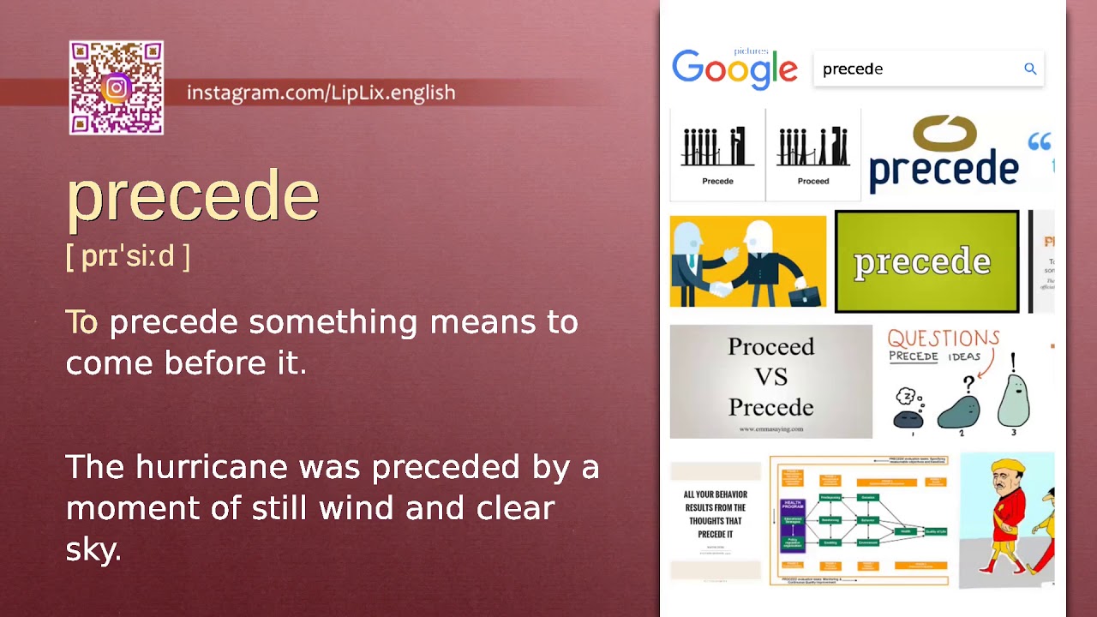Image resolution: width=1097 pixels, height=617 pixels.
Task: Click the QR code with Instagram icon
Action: point(117,88)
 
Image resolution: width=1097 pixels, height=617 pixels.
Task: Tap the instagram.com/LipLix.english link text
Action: point(321,93)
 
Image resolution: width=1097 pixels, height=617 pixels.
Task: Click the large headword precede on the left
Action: point(193,196)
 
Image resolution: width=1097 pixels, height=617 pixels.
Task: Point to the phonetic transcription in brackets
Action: point(128,256)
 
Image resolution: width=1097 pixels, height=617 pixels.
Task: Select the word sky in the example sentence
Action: point(93,549)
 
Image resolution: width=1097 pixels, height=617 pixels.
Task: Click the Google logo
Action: point(734,69)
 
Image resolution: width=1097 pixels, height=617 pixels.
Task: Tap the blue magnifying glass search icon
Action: point(1030,69)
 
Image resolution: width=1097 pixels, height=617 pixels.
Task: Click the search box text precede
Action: point(853,69)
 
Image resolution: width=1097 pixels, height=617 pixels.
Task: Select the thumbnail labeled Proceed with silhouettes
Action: point(812,154)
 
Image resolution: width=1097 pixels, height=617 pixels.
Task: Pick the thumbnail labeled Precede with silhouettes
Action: point(717,154)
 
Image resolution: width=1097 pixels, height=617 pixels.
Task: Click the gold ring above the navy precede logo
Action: point(944,134)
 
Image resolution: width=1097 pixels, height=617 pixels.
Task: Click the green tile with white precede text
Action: point(926,261)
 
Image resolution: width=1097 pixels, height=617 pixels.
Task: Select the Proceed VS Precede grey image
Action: point(770,381)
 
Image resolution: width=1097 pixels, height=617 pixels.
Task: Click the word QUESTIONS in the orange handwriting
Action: point(943,338)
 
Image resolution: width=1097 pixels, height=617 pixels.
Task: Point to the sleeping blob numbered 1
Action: point(908,416)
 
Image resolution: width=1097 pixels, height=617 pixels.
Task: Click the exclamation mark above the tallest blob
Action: point(1013,362)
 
